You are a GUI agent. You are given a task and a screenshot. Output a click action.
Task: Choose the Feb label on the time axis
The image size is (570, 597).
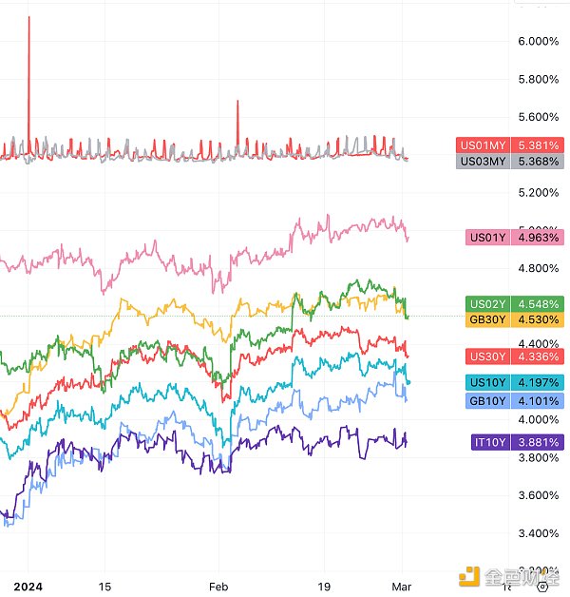click(219, 587)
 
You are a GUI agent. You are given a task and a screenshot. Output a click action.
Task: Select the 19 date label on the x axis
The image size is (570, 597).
click(323, 587)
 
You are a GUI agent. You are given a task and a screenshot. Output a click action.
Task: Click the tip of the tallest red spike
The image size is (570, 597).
click(28, 17)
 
